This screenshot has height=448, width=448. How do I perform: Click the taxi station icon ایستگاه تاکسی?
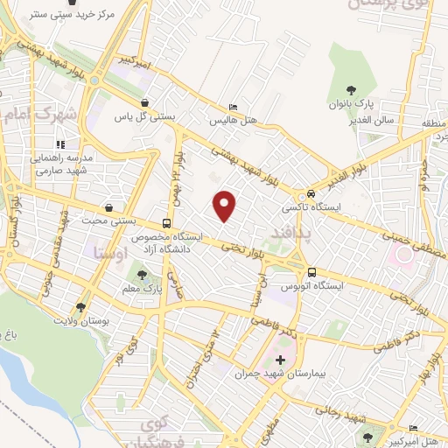pyautogui.click(x=311, y=194)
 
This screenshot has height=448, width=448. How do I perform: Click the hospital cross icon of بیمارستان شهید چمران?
pyautogui.click(x=280, y=360)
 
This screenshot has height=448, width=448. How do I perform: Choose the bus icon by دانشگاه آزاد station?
pyautogui.click(x=167, y=222)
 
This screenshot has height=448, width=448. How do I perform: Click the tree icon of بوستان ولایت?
pyautogui.click(x=81, y=307)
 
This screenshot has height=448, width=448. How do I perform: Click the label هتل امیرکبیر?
pyautogui.click(x=416, y=438)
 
